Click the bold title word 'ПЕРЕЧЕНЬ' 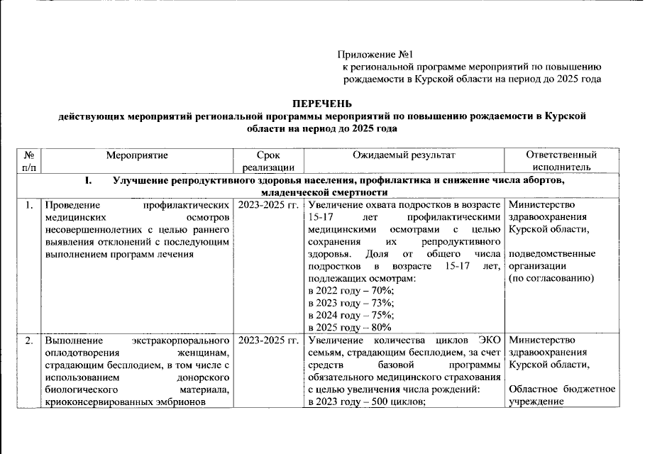point(323,104)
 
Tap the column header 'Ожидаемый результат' point(404,155)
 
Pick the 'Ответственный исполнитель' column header point(561,161)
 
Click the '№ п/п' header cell point(29,161)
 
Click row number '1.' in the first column point(29,206)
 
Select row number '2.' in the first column point(29,341)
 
